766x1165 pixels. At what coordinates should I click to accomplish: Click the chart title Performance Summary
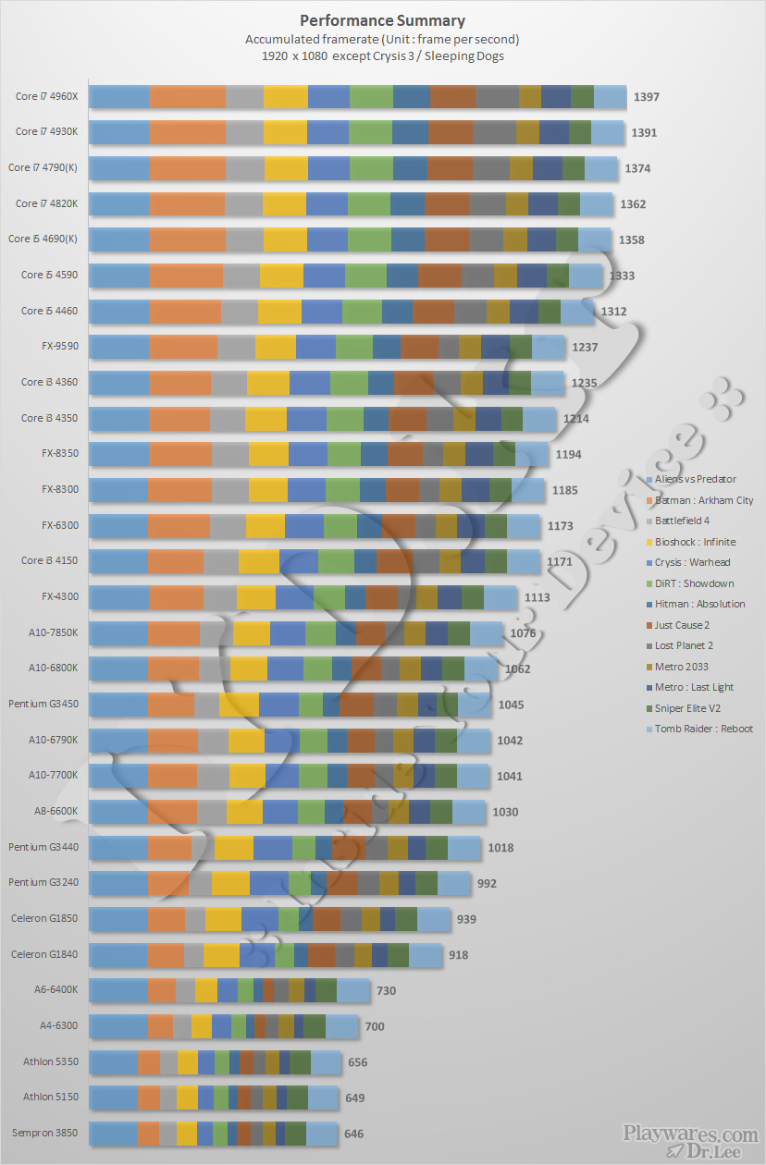point(382,20)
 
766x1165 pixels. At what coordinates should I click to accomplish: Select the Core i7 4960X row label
point(46,96)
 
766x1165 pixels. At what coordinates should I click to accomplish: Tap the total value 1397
point(646,97)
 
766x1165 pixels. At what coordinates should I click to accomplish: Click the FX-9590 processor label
point(59,347)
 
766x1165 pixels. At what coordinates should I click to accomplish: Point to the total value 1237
point(585,348)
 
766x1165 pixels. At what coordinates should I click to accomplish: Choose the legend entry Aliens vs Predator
point(695,479)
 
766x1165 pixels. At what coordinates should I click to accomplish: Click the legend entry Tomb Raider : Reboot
point(703,729)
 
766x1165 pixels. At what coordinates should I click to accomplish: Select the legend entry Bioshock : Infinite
point(695,542)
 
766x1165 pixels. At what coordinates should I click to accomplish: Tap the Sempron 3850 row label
point(44,1133)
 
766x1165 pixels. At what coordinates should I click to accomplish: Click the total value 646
point(353,1134)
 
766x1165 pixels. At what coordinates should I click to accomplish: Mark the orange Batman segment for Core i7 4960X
point(187,97)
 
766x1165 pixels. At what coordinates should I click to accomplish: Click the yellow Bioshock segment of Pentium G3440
point(233,848)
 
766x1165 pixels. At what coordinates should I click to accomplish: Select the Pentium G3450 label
point(43,704)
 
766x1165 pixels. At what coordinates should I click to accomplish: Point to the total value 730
point(386,990)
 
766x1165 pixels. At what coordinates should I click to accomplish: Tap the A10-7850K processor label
point(54,632)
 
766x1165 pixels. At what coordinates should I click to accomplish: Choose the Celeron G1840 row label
point(44,954)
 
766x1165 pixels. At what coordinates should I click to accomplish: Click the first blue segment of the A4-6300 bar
point(118,1026)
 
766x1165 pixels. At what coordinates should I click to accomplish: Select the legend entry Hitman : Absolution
point(699,604)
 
